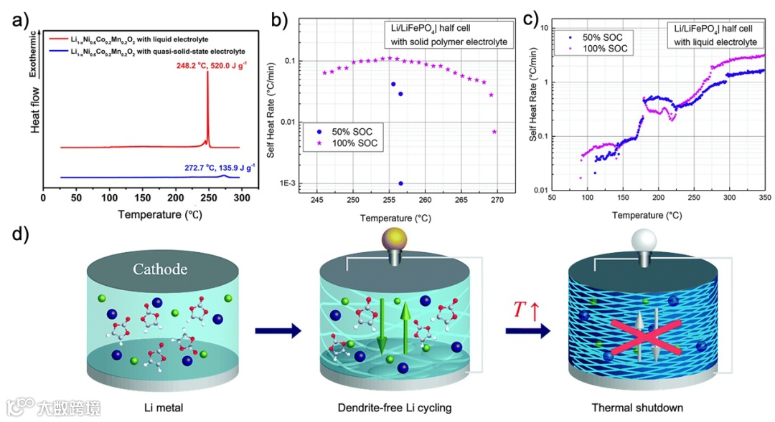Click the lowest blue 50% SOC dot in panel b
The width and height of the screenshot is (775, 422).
tap(400, 183)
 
